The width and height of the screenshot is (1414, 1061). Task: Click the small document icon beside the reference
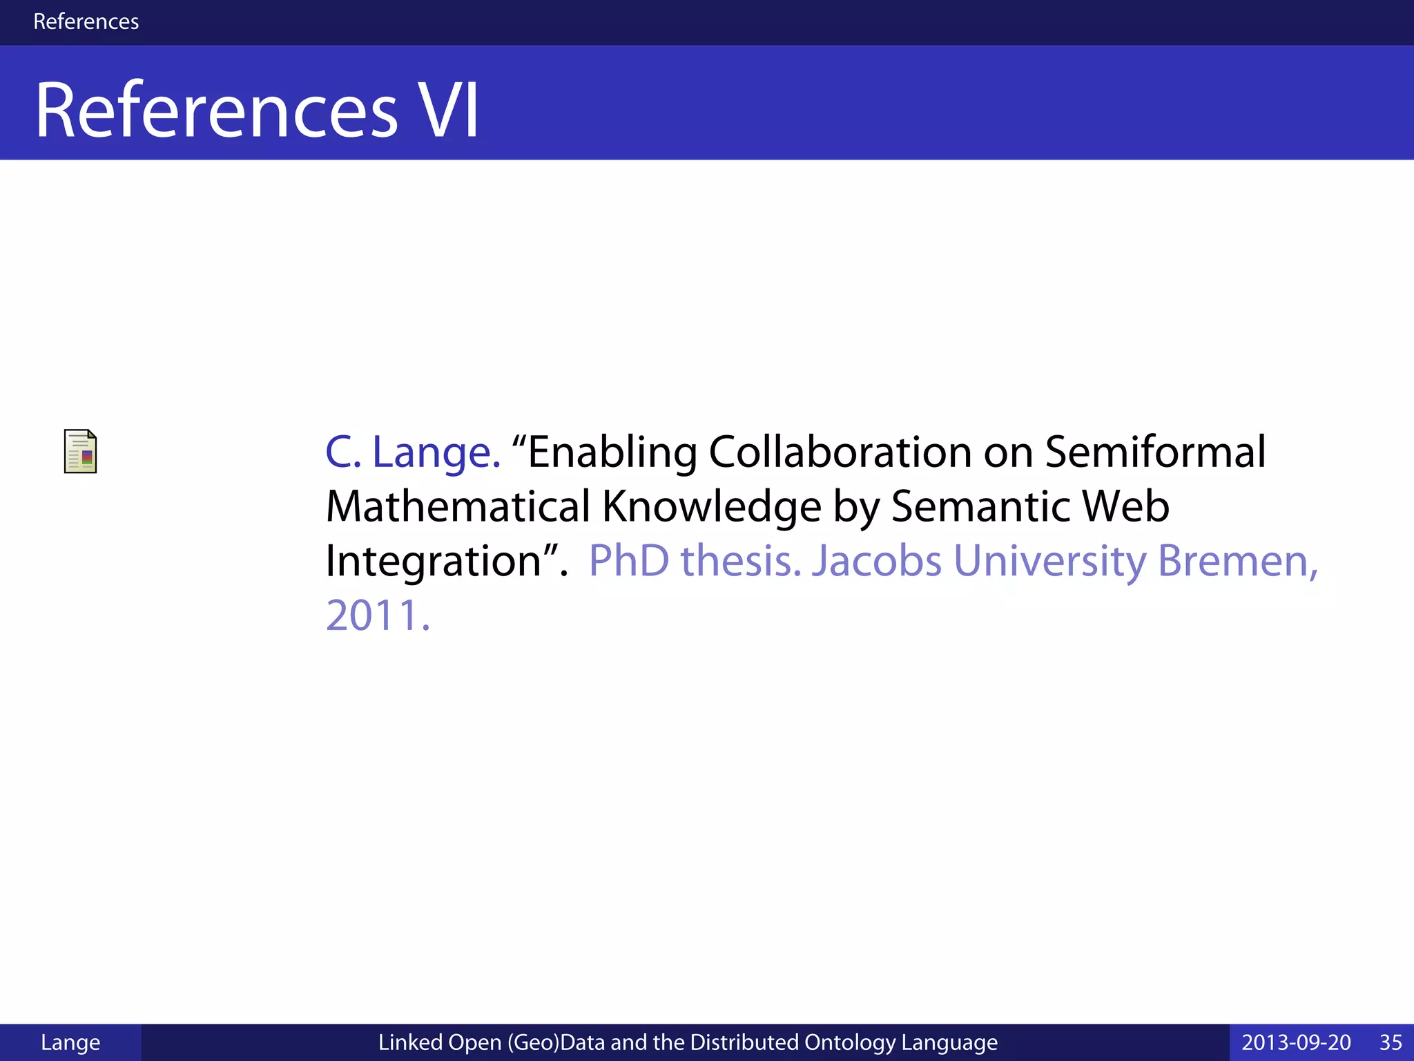pos(80,451)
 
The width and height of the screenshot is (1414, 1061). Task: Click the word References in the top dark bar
pos(86,21)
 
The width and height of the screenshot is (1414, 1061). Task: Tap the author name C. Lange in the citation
pos(413,452)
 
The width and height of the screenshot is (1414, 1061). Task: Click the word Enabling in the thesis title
pos(611,452)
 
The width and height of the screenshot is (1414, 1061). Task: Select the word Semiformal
pos(1155,452)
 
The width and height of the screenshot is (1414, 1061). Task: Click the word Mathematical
pos(458,506)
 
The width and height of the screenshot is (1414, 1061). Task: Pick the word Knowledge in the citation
pos(712,506)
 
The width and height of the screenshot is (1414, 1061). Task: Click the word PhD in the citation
pos(628,561)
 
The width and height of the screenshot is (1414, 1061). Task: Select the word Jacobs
pos(876,561)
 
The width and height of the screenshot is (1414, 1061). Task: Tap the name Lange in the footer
pos(70,1042)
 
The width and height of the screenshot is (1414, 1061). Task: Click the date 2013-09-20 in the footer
pos(1296,1042)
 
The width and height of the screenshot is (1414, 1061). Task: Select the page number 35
pos(1391,1042)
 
